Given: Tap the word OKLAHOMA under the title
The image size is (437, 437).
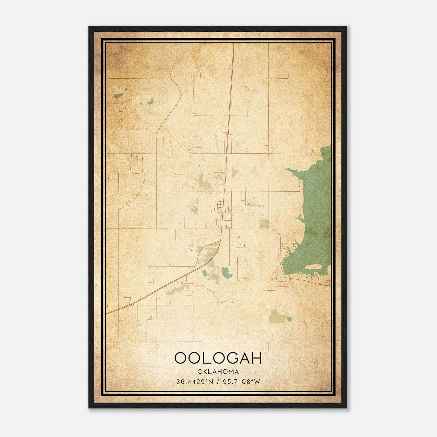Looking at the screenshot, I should coord(218,372).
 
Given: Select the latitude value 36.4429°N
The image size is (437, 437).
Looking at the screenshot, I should coord(194,382).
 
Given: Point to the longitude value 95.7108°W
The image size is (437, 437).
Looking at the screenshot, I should coord(241,382).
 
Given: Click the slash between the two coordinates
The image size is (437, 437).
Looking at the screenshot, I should coord(218,382).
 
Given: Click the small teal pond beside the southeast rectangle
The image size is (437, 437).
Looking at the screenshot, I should coord(289,319).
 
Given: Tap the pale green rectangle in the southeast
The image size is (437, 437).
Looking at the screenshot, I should coord(275,316).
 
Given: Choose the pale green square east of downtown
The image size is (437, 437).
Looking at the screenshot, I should coord(264,224).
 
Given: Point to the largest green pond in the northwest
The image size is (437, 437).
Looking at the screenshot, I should coord(119,95).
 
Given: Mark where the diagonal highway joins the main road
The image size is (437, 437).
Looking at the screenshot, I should coord(220,242).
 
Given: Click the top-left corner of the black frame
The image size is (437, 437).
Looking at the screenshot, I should coord(89,27).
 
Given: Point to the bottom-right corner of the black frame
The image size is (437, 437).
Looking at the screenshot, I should coord(347,408).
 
